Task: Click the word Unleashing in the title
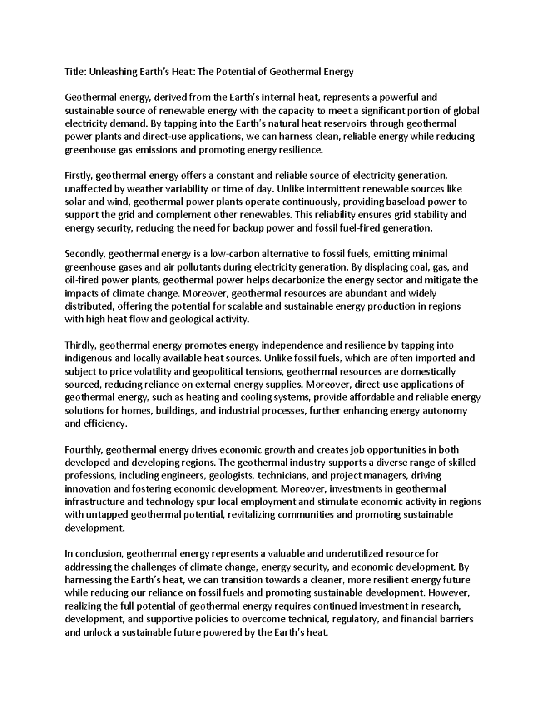[x=111, y=72]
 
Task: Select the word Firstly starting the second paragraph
[x=79, y=175]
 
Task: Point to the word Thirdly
[x=80, y=345]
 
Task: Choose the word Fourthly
[x=84, y=450]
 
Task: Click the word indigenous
[x=85, y=358]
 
